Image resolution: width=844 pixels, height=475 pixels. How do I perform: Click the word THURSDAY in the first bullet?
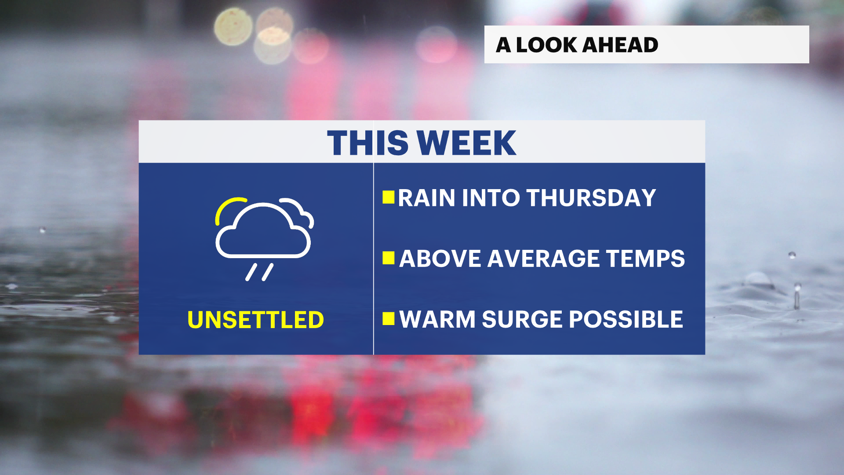pyautogui.click(x=591, y=198)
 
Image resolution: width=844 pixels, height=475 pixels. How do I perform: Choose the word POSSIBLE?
pyautogui.click(x=626, y=319)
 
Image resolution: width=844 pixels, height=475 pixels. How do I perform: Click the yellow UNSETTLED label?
pyautogui.click(x=255, y=320)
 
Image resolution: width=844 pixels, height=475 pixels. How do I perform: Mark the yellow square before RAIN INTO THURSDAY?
pyautogui.click(x=389, y=197)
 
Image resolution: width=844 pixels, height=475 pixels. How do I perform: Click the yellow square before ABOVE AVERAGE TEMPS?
pyautogui.click(x=389, y=258)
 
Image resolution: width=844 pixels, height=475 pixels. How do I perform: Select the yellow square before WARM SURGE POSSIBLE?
pyautogui.click(x=389, y=318)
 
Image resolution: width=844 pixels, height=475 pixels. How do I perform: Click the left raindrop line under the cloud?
pyautogui.click(x=251, y=272)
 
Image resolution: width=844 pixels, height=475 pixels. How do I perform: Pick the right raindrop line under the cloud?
pyautogui.click(x=268, y=272)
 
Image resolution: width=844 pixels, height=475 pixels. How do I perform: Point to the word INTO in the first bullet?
pyautogui.click(x=491, y=198)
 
